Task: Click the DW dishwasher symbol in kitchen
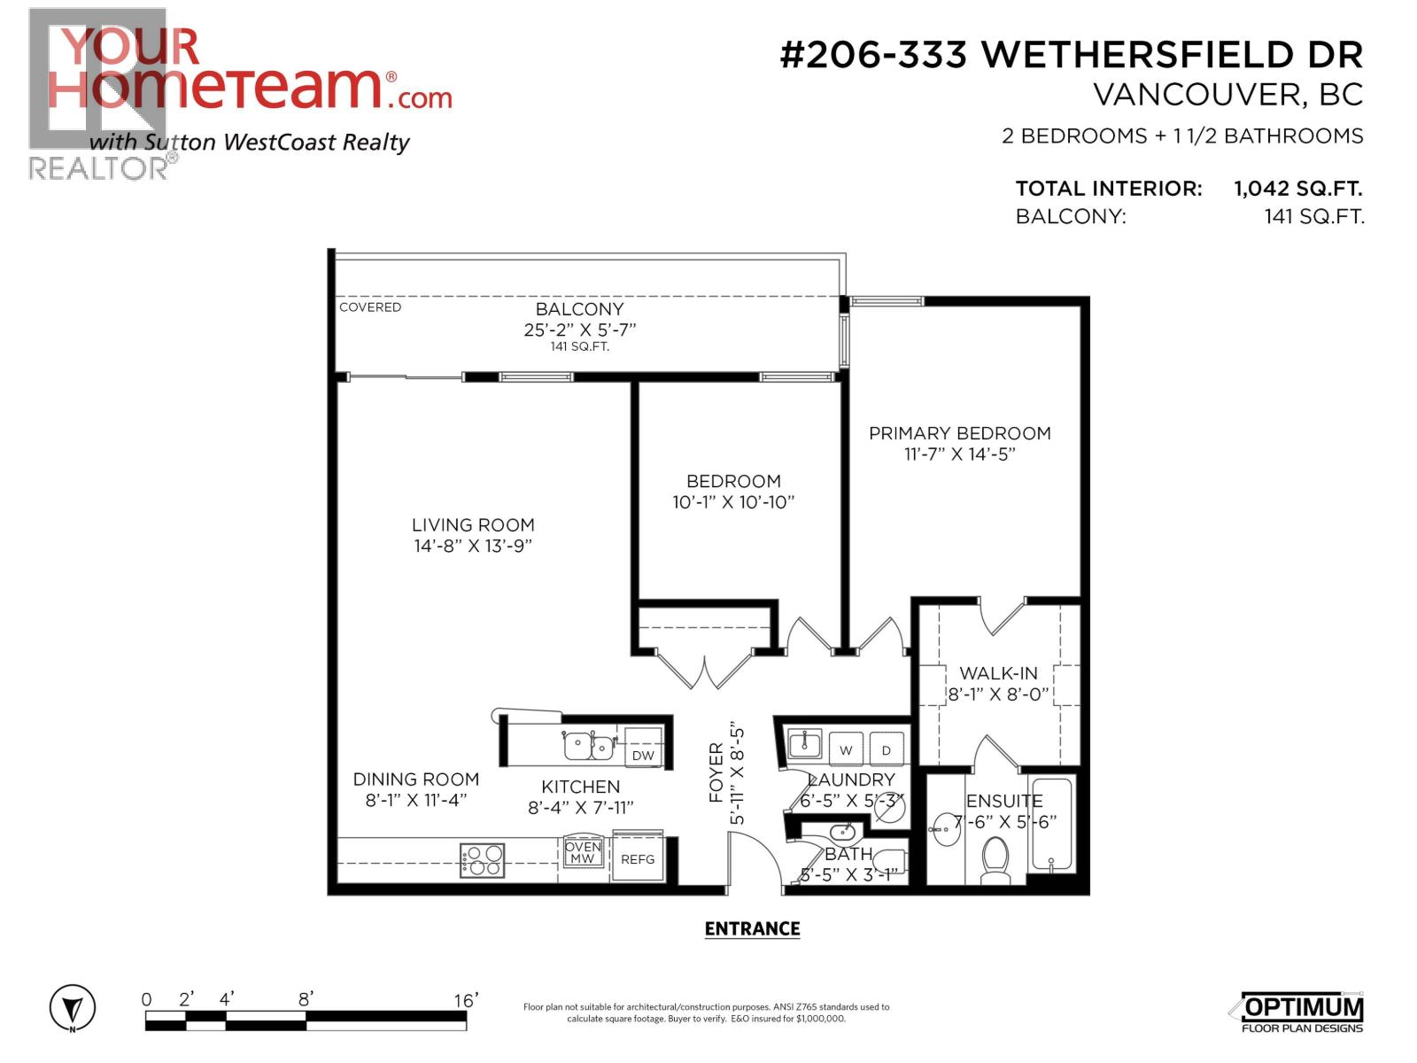click(x=643, y=755)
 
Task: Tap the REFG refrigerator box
click(x=638, y=859)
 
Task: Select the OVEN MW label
click(x=583, y=853)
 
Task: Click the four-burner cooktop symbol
click(x=483, y=860)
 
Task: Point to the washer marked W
click(x=846, y=749)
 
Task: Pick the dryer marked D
click(x=886, y=749)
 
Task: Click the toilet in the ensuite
click(x=995, y=860)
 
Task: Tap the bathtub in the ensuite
click(x=1051, y=824)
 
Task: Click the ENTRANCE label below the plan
click(x=752, y=928)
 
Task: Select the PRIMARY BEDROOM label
click(x=959, y=433)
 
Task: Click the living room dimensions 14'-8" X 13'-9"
click(x=473, y=546)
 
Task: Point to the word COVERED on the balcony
click(x=370, y=307)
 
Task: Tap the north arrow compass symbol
click(x=73, y=1008)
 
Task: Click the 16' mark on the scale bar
click(x=465, y=1000)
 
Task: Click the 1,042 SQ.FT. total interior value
click(x=1297, y=189)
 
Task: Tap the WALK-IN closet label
click(x=998, y=673)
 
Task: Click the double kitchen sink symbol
click(x=589, y=746)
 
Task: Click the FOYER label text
click(x=716, y=772)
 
